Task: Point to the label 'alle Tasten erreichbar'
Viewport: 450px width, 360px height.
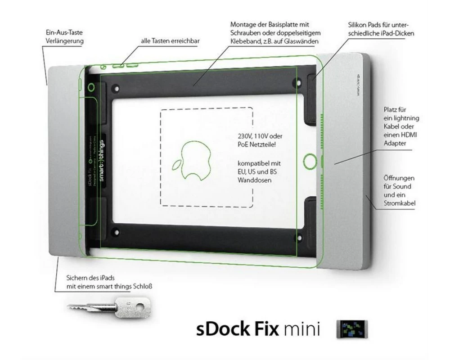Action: (x=170, y=41)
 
